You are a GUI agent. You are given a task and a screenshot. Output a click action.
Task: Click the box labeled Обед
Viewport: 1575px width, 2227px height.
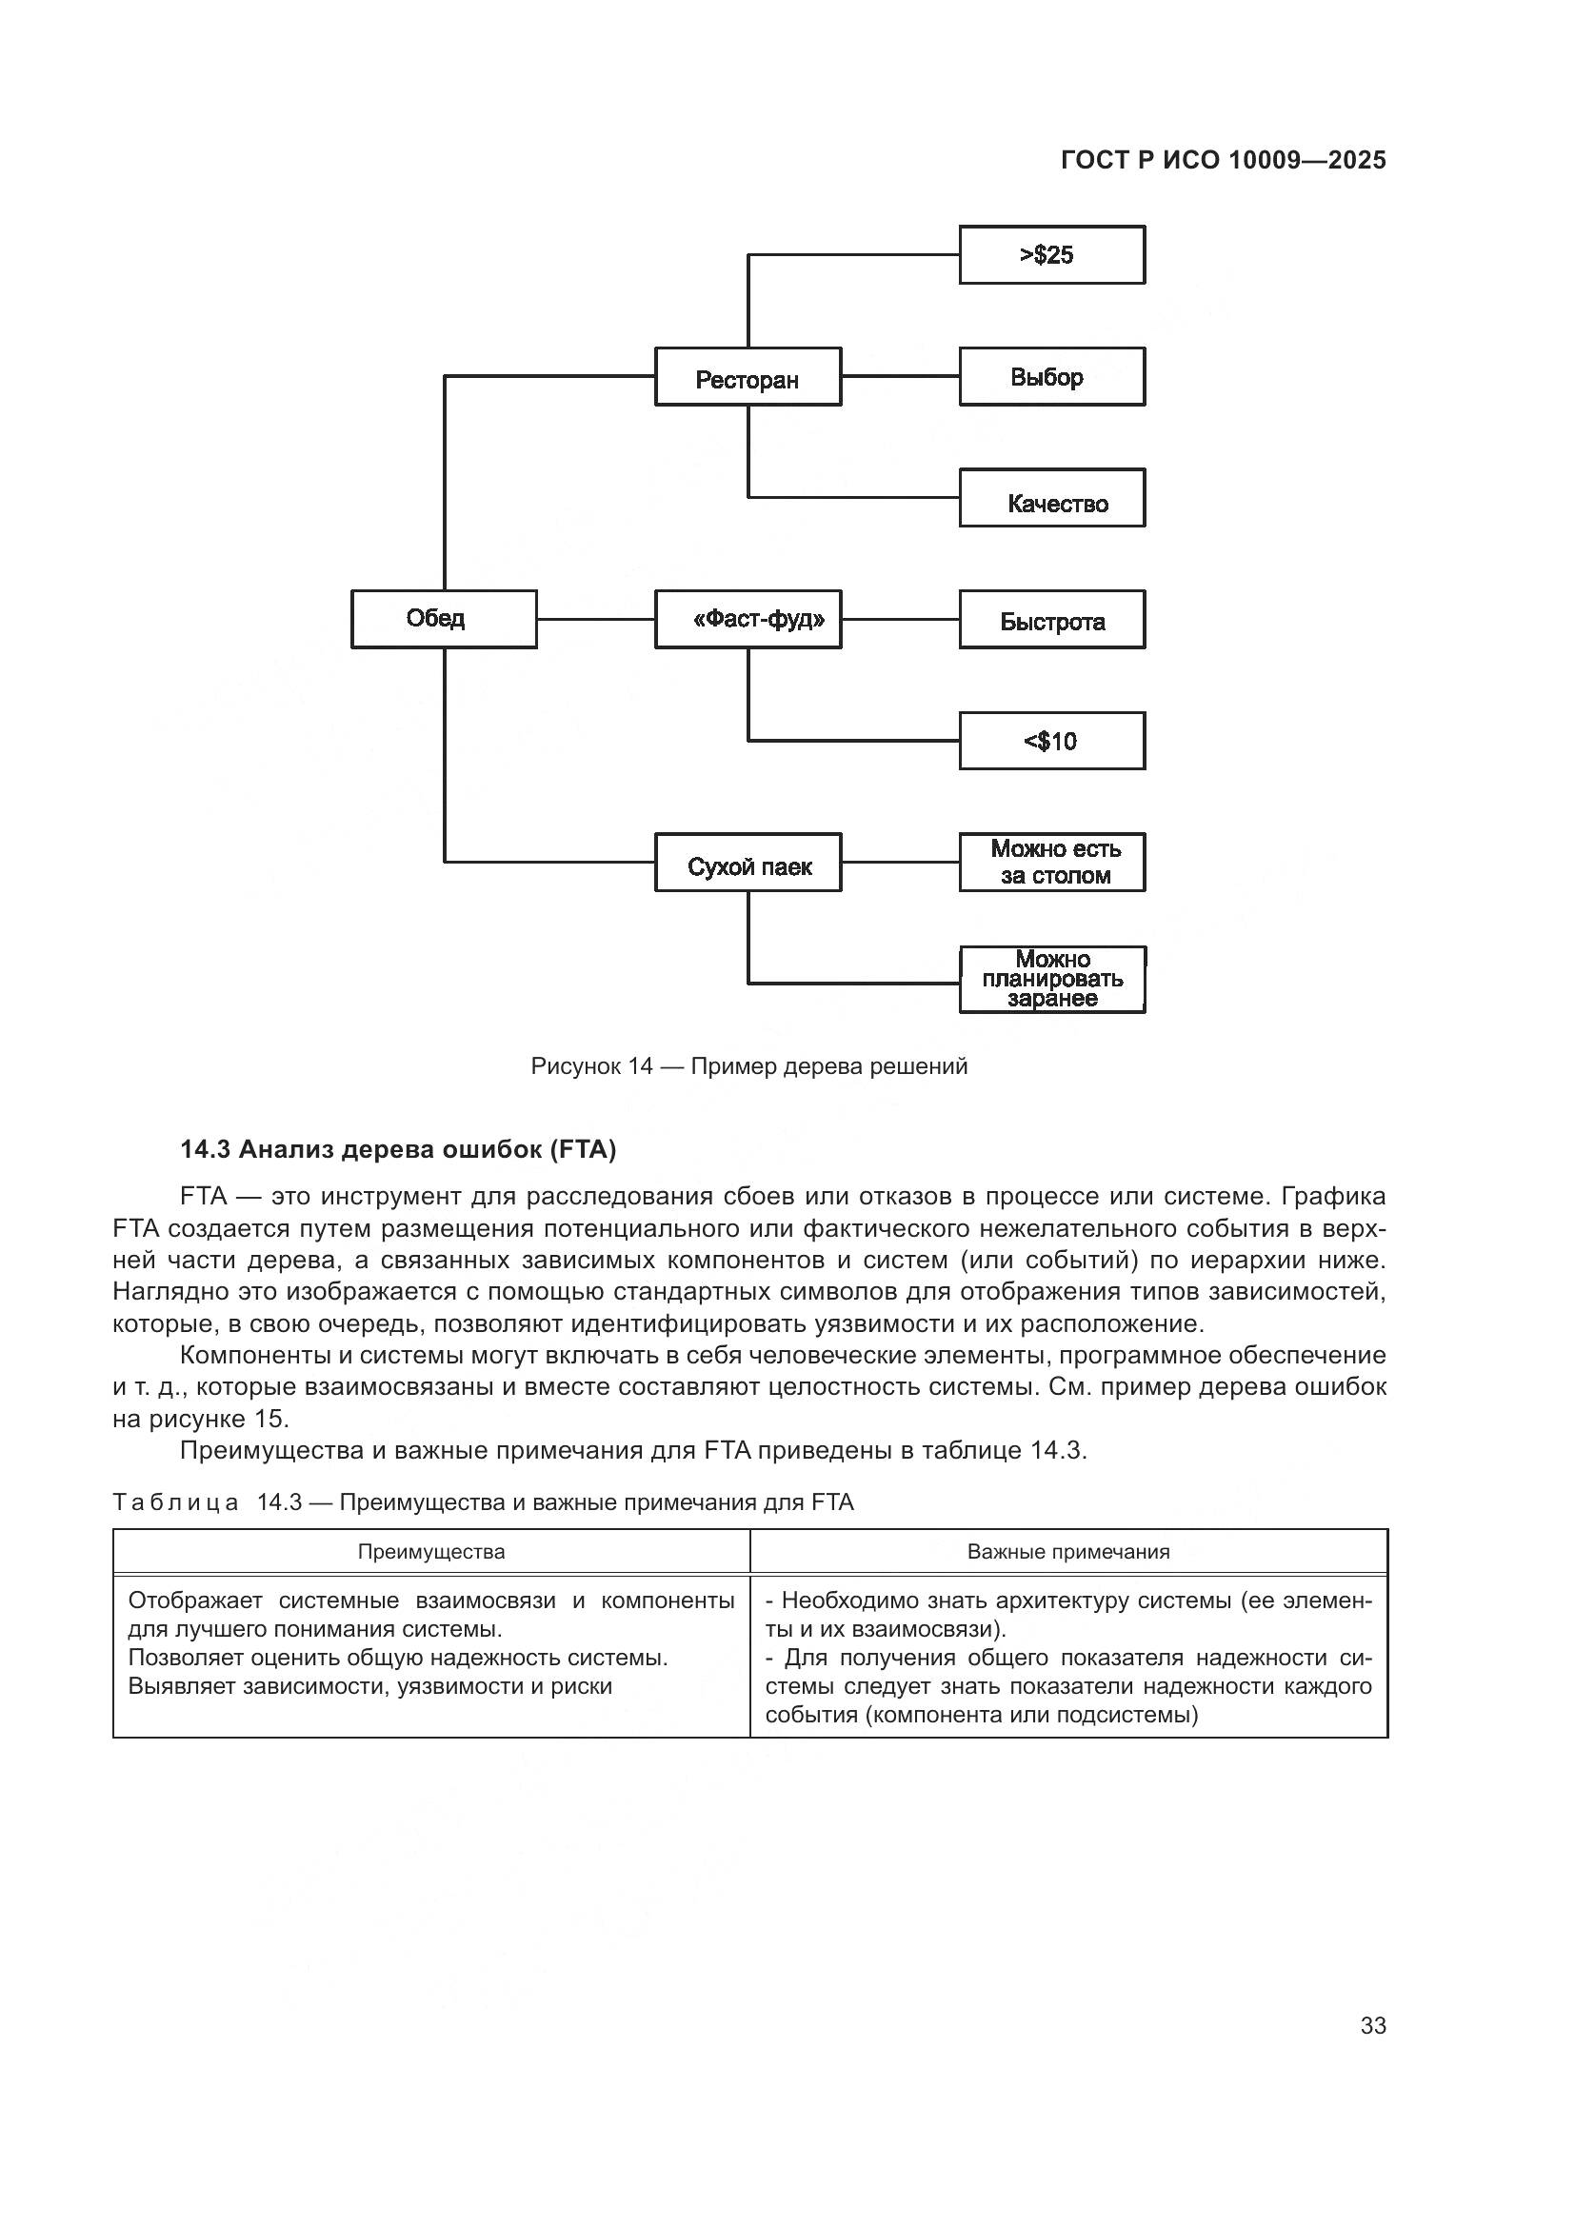443,619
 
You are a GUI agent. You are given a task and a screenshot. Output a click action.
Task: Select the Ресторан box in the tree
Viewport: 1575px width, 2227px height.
748,376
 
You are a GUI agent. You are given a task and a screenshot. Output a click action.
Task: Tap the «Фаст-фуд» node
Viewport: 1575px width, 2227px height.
748,619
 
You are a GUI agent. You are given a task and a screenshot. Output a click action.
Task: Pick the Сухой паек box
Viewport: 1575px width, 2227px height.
748,863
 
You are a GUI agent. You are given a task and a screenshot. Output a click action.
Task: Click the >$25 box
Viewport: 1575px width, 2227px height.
1051,255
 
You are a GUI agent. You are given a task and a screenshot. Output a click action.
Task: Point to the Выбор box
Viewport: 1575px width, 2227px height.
1051,376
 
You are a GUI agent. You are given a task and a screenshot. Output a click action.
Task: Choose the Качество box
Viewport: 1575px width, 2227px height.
1051,499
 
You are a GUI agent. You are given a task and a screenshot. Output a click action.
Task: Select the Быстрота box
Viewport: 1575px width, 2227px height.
1051,619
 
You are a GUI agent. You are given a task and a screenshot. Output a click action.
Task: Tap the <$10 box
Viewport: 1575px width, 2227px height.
1051,741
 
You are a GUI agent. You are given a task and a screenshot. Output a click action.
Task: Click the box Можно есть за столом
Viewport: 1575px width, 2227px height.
1051,863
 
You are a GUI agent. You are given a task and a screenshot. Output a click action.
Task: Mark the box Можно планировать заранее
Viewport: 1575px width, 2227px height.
1051,980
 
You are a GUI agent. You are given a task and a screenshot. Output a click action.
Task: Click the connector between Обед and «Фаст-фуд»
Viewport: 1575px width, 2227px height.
595,619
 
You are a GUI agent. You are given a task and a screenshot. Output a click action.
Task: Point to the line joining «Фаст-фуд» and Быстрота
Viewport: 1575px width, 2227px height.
900,619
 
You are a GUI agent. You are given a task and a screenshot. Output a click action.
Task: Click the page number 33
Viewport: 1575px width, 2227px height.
1372,2025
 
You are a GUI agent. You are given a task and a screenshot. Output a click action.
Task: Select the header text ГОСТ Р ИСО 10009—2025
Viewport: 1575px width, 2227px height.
1223,161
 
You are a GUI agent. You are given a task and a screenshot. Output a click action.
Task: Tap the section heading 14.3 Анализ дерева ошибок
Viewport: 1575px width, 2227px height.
398,1150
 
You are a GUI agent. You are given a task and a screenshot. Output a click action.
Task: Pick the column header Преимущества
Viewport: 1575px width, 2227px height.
431,1552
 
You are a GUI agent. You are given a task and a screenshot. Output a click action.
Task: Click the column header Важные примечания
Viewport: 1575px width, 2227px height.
1067,1552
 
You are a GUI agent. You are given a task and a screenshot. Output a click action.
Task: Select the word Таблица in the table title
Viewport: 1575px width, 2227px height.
175,1503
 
